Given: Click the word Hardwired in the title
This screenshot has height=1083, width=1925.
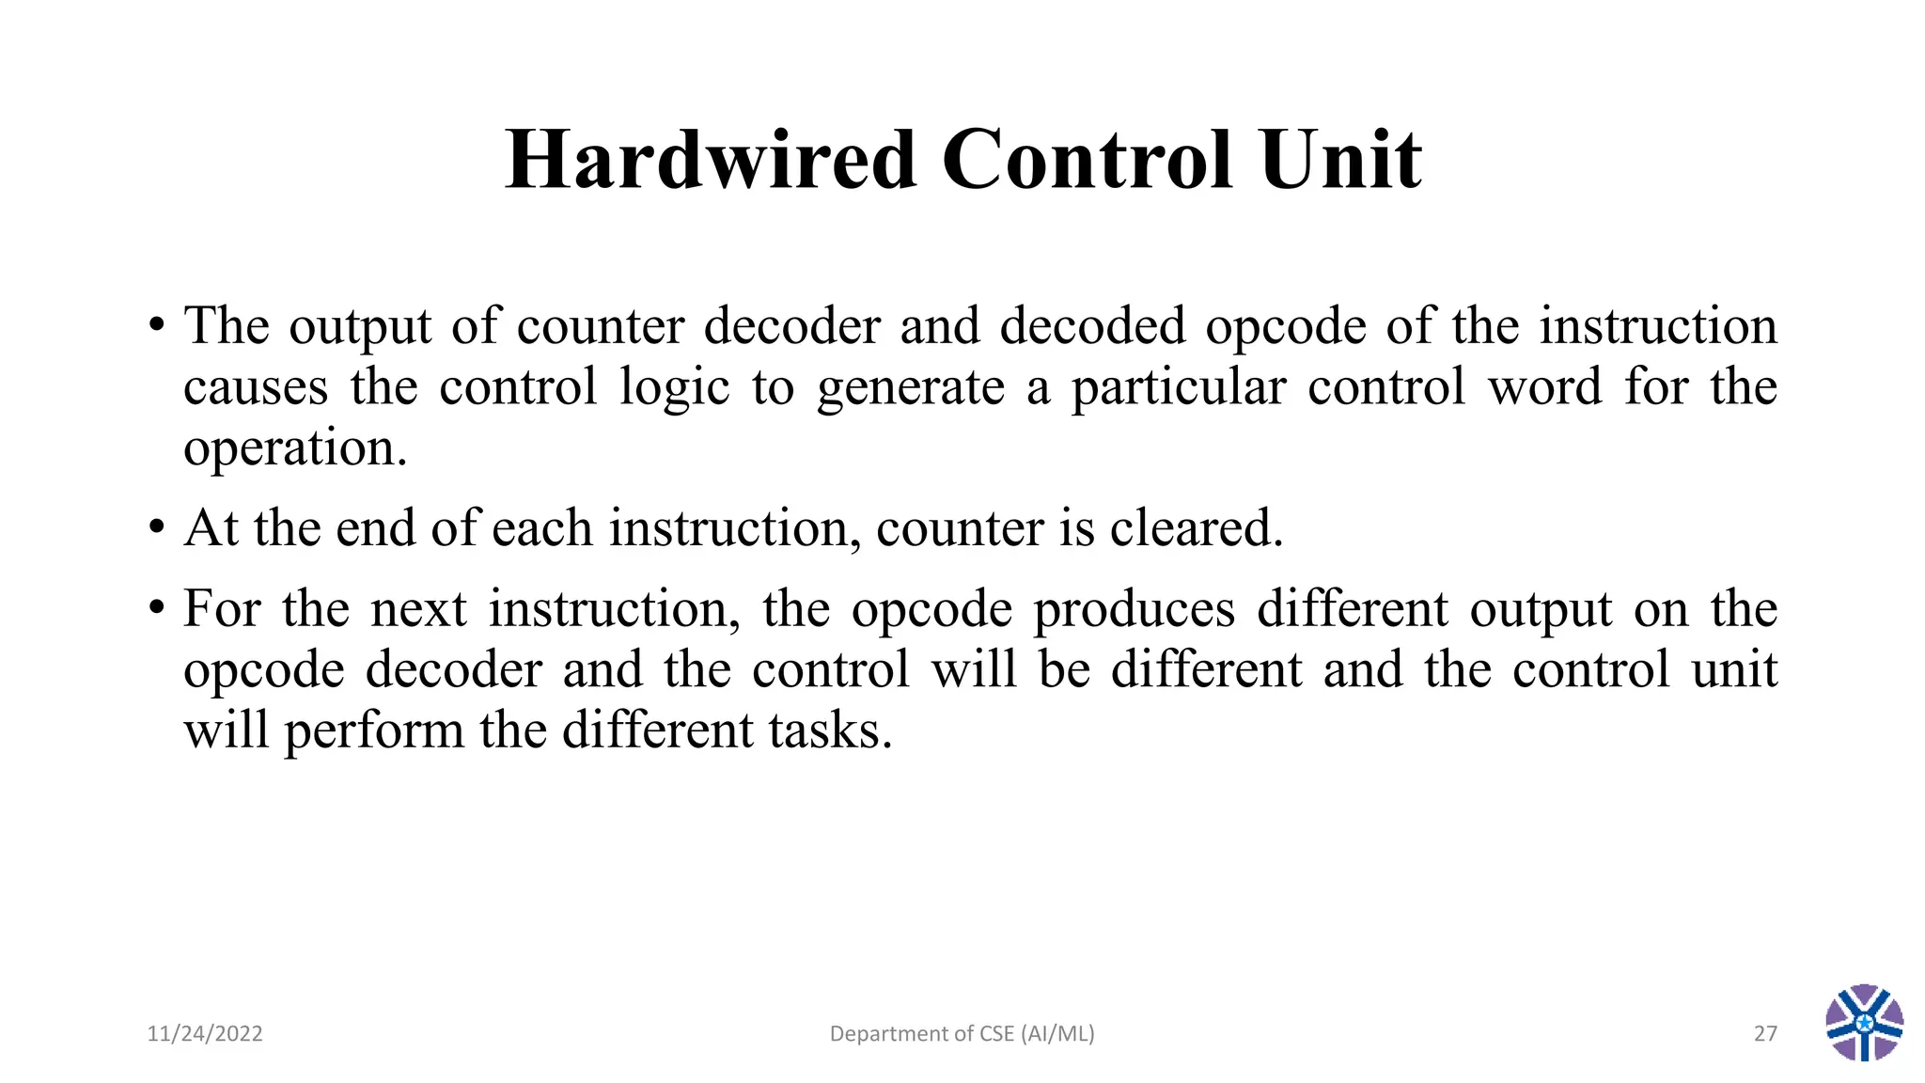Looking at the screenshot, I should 711,160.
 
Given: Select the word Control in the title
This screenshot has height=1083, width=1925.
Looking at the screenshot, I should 1087,160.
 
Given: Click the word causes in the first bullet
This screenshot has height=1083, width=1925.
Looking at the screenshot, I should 256,387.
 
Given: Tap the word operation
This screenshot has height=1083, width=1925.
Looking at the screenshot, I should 295,449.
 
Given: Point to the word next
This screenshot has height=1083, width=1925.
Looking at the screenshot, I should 418,609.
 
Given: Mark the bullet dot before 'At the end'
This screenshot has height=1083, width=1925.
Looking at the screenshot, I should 156,527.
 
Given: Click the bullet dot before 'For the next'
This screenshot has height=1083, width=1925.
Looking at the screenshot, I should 156,608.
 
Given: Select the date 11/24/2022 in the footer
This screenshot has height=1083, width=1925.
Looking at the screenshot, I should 205,1034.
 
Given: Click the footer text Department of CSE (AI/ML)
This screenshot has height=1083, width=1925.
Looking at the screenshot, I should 962,1034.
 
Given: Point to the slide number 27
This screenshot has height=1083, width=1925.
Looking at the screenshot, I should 1765,1034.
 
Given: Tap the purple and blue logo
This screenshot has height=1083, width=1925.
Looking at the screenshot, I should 1864,1023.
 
